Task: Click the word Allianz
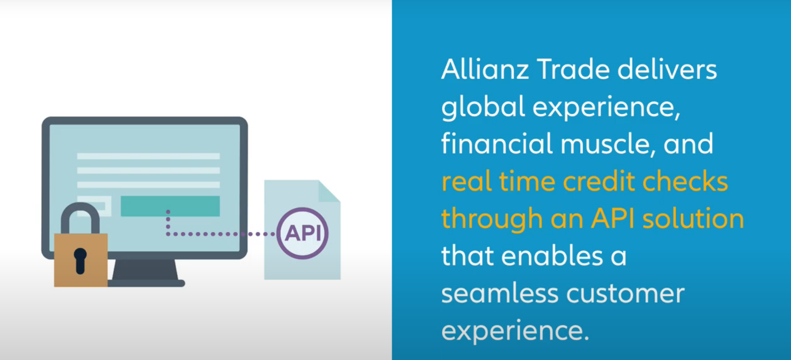485,69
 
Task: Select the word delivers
667,69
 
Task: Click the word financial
497,144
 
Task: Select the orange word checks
685,181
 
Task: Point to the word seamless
500,293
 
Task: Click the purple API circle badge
302,234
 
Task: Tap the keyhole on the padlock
80,261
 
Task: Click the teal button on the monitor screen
170,206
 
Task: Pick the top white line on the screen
148,156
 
